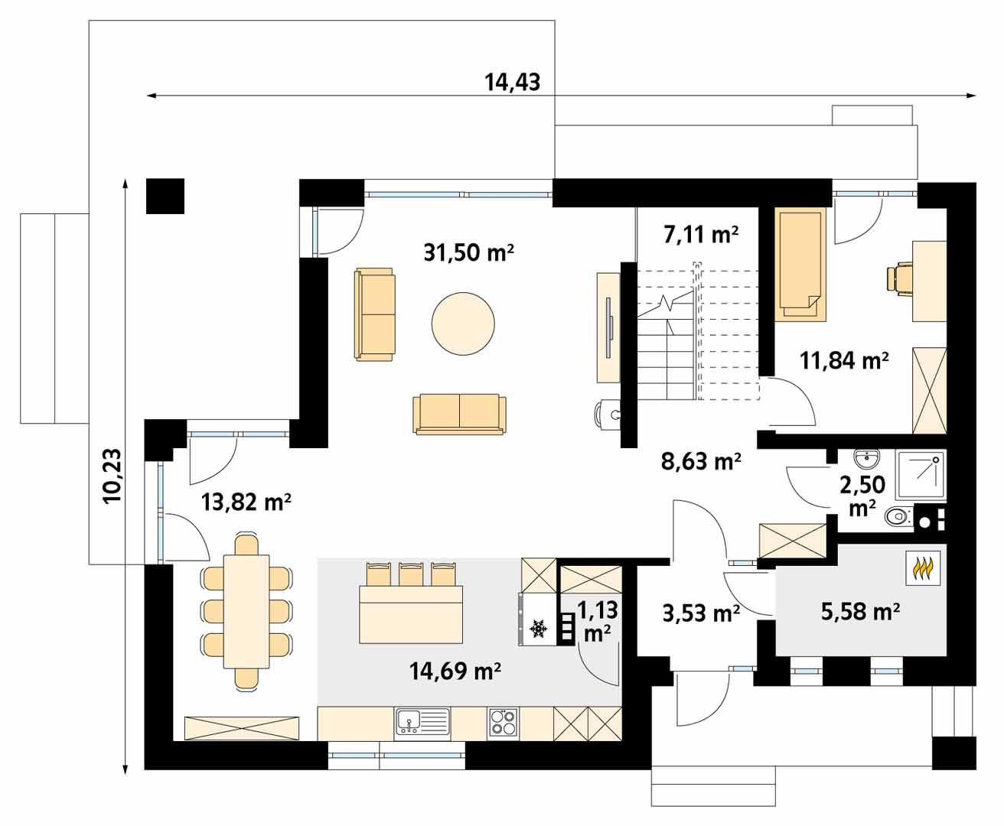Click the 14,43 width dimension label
point(512,82)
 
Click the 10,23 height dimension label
point(112,476)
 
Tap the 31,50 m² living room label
point(468,252)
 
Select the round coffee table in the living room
point(463,324)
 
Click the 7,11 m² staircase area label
point(701,235)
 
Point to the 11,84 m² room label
point(844,361)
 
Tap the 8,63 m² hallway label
point(701,461)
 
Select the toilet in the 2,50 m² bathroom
point(899,516)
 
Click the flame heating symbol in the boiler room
point(923,568)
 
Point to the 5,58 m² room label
point(860,612)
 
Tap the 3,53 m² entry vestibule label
point(701,614)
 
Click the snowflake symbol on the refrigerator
point(539,629)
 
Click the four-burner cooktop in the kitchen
point(504,724)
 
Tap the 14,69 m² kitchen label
point(455,672)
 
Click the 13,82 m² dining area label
point(246,502)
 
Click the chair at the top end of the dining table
point(247,545)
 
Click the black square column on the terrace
point(165,196)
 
